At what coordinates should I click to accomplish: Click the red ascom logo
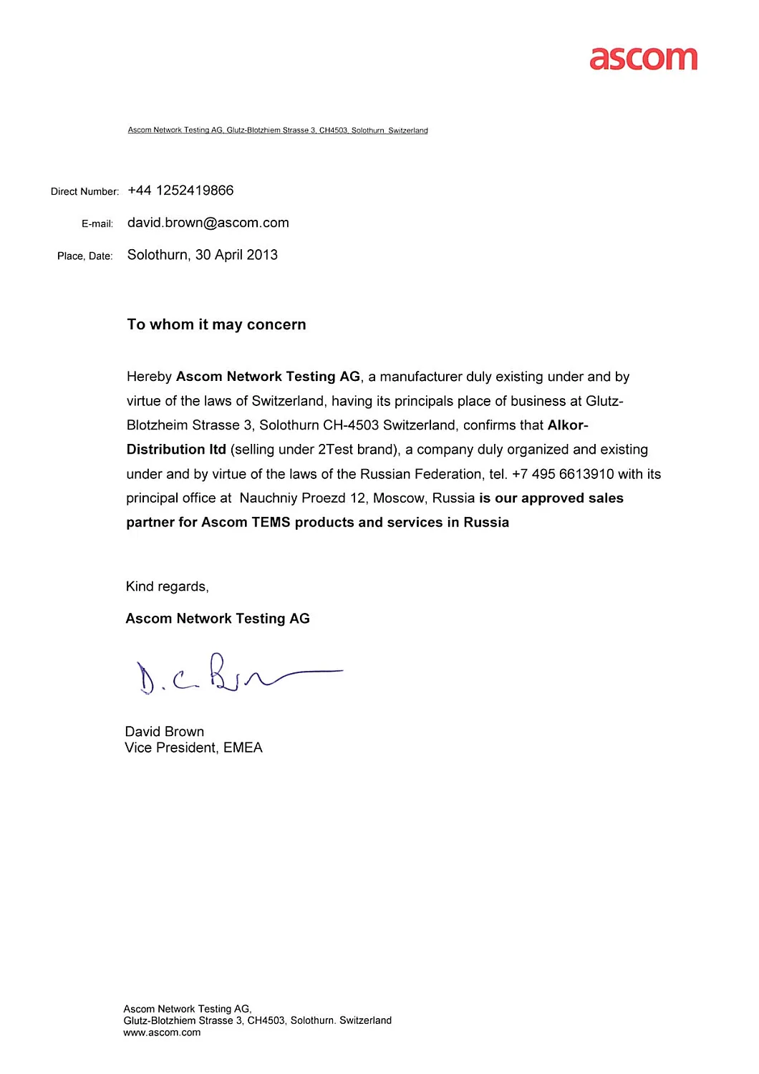(643, 59)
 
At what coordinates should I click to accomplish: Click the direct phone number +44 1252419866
(180, 190)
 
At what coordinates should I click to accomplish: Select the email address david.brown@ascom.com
(208, 223)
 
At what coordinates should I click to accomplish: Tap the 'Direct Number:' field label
(84, 192)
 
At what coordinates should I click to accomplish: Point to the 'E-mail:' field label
(97, 224)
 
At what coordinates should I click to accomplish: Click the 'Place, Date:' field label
(85, 256)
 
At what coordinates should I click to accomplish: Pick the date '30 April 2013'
(236, 255)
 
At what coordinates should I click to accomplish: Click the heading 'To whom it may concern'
(216, 324)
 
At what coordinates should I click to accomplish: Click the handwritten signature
(236, 674)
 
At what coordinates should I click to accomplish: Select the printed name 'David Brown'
(165, 731)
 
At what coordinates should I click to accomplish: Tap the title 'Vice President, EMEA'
(193, 748)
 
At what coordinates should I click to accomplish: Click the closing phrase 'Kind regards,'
(168, 586)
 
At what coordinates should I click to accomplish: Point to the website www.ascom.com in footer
(162, 1032)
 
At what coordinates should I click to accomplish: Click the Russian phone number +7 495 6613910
(563, 474)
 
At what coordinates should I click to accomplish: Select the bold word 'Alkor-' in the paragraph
(568, 425)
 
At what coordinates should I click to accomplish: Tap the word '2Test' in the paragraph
(335, 450)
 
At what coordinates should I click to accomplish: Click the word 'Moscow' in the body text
(398, 498)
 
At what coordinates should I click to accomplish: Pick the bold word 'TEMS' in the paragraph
(271, 523)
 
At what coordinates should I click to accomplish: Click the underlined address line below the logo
(278, 130)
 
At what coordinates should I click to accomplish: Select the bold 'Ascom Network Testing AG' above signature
(218, 619)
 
